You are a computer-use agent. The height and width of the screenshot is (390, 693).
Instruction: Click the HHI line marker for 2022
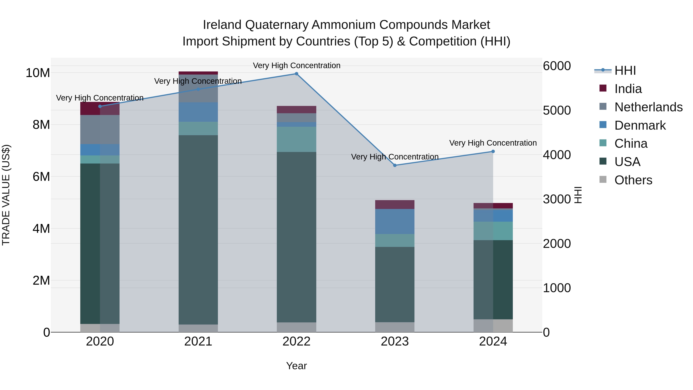(296, 74)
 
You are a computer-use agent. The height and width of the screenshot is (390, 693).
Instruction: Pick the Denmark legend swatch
(603, 125)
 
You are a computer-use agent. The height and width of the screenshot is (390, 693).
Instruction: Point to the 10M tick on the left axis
(38, 73)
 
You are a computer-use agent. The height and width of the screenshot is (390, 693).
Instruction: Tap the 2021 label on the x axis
(198, 341)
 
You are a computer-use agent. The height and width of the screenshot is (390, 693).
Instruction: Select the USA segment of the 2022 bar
(296, 237)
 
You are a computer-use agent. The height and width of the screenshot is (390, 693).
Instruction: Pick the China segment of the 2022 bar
(296, 139)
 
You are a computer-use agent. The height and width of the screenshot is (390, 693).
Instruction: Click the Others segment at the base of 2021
(198, 328)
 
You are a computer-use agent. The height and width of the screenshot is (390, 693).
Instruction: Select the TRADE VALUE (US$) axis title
(6, 195)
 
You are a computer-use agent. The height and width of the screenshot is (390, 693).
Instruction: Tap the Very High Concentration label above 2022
(296, 66)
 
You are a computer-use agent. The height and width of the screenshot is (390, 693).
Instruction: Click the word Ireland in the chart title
(222, 25)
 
